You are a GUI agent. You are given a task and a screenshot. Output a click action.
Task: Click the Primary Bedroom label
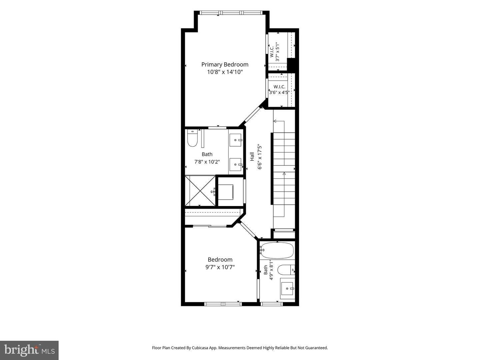225,65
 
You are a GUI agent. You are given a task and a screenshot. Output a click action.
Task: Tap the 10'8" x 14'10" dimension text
225,72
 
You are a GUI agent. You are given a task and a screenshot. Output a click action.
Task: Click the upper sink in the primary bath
236,140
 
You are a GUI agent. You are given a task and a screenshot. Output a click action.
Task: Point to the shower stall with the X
200,191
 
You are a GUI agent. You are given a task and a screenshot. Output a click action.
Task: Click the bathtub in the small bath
277,251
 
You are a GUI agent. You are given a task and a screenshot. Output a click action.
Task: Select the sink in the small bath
288,289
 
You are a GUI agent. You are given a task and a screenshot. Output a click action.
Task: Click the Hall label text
252,157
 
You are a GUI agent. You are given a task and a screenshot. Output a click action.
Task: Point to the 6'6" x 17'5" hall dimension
260,157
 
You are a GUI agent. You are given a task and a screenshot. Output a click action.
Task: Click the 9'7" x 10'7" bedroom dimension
220,267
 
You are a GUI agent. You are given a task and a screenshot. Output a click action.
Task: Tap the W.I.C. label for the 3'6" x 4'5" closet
279,87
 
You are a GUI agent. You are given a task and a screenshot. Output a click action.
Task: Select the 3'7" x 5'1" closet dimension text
278,52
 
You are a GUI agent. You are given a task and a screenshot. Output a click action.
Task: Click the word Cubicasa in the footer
200,348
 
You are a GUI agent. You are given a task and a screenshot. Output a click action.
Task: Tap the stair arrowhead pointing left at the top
275,121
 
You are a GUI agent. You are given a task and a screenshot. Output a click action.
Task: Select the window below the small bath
272,304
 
